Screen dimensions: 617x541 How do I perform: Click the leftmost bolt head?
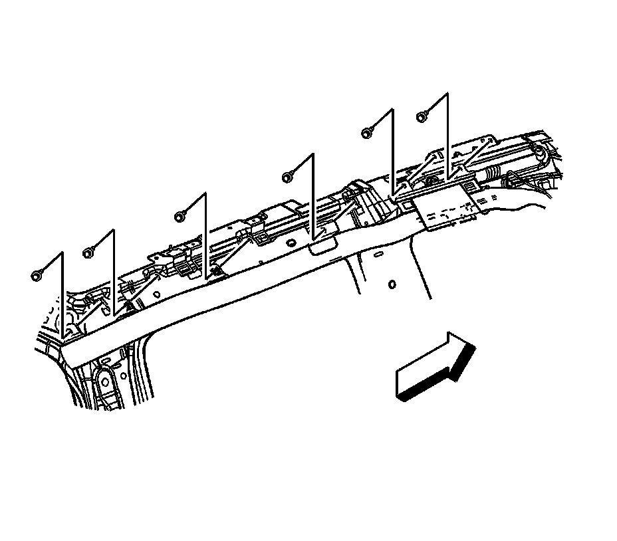36,274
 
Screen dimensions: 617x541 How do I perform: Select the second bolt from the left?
88,253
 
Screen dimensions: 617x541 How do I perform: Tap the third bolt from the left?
180,216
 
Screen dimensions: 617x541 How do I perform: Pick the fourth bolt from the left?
288,177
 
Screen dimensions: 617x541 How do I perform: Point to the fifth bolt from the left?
366,133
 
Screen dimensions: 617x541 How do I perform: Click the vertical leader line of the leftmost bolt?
62,296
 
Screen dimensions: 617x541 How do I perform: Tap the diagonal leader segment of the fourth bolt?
301,166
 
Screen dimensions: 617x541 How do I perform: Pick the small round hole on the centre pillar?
392,284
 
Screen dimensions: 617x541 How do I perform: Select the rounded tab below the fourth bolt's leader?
321,247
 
